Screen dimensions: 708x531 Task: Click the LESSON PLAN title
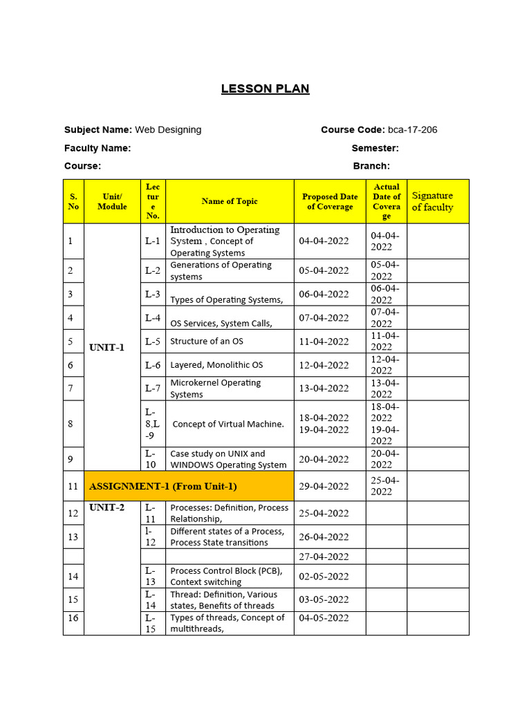(265, 88)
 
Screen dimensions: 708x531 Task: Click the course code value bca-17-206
(412, 129)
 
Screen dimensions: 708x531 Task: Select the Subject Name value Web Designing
(168, 129)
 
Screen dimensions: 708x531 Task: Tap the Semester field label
(375, 148)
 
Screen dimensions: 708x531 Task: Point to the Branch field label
(371, 166)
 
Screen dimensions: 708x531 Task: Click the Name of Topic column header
(230, 201)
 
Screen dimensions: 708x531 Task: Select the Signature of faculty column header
(433, 201)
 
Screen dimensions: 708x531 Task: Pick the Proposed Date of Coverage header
(330, 201)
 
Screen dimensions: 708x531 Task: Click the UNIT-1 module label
(107, 347)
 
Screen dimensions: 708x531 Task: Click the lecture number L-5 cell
(153, 342)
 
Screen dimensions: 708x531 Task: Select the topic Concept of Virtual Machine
(227, 424)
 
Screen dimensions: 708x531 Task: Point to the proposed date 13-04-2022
(324, 389)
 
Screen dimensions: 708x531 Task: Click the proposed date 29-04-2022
(324, 486)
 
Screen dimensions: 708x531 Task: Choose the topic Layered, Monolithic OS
(216, 365)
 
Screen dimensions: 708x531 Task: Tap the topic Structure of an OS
(207, 342)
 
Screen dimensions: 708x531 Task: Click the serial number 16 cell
(73, 618)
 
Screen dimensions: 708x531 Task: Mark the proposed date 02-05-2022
(324, 577)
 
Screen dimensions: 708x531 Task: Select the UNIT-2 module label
(107, 507)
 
